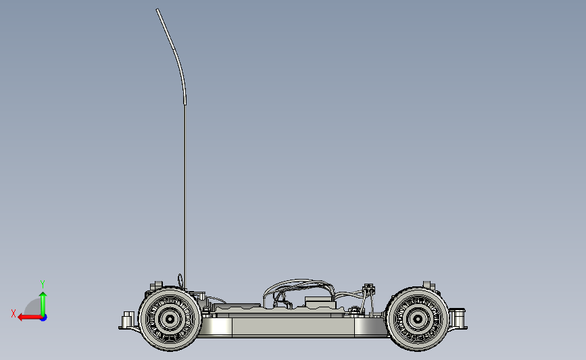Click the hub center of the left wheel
tap(170, 319)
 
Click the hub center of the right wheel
tap(418, 319)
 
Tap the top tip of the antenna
tap(157, 9)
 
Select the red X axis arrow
tap(30, 317)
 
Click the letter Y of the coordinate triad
tap(42, 284)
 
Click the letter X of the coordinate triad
tap(14, 313)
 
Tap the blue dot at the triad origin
tap(44, 317)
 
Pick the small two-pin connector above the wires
tap(369, 288)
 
